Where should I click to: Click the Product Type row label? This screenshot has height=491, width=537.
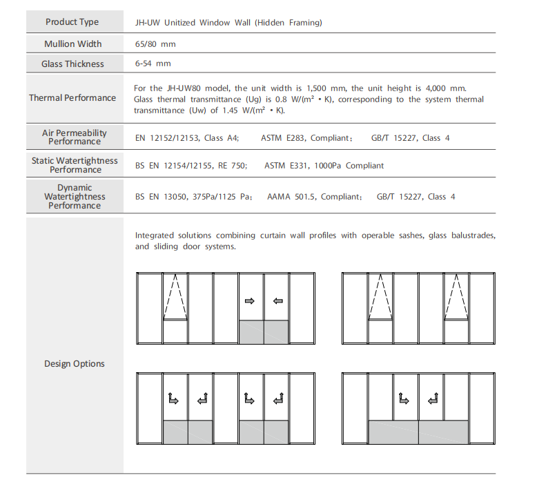click(72, 22)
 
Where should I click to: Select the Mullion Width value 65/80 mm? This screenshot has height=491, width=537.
click(155, 44)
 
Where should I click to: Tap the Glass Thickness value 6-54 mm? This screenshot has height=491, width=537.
click(153, 64)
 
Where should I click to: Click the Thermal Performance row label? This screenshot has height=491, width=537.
click(72, 98)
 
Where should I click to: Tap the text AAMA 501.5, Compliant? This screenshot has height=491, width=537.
click(314, 197)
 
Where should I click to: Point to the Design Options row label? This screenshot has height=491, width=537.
click(75, 364)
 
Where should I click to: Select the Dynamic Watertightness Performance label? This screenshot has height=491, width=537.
click(75, 197)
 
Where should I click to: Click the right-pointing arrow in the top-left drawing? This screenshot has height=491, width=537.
click(250, 300)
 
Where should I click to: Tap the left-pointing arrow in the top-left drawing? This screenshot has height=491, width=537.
click(277, 300)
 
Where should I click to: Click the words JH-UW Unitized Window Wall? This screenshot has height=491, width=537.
click(193, 23)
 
